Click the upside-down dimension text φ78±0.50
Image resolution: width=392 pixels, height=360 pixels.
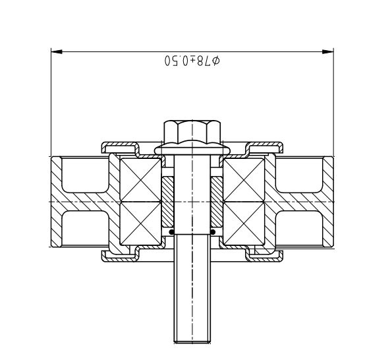pyautogui.click(x=192, y=61)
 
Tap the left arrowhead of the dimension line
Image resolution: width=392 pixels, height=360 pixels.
pyautogui.click(x=57, y=52)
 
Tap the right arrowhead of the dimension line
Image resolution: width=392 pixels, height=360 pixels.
pyautogui.click(x=327, y=52)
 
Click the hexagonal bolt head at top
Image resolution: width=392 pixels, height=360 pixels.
pyautogui.click(x=192, y=132)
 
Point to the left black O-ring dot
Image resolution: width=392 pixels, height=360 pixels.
pyautogui.click(x=171, y=232)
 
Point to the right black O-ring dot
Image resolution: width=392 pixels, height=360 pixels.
pyautogui.click(x=213, y=232)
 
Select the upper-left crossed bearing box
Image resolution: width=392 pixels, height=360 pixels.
pyautogui.click(x=140, y=180)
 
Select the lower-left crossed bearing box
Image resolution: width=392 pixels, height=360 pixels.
pyautogui.click(x=140, y=223)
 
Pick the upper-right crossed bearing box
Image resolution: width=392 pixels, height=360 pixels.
pyautogui.click(x=244, y=180)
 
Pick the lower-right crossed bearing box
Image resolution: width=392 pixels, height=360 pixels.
pyautogui.click(x=244, y=223)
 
